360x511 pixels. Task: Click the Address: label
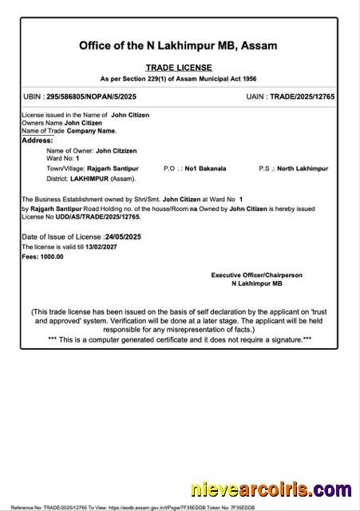(x=38, y=141)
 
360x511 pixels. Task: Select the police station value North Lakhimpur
(x=308, y=169)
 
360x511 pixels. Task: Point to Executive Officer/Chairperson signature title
(x=256, y=275)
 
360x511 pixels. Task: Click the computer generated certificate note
(x=179, y=339)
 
